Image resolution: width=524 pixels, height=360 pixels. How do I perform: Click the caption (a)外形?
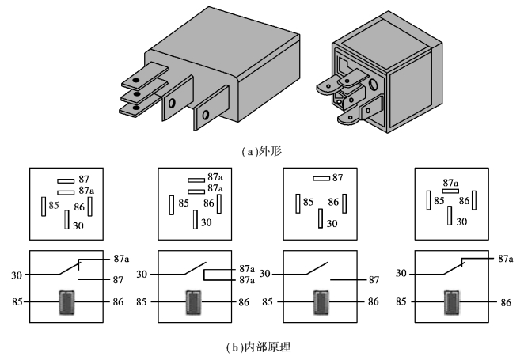click(x=262, y=152)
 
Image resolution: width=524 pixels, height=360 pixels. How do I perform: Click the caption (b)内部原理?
click(x=258, y=347)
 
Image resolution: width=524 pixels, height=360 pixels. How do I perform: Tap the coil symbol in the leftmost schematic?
click(x=66, y=302)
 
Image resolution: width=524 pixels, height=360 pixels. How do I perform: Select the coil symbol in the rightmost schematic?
click(x=451, y=302)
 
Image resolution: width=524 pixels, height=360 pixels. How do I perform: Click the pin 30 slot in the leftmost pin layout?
click(x=66, y=219)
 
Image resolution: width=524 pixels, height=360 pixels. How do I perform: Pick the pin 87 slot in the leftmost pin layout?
click(x=66, y=181)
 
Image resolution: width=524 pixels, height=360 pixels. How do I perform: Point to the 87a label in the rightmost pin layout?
click(x=450, y=183)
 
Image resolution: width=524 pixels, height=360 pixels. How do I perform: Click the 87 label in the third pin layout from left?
click(x=337, y=178)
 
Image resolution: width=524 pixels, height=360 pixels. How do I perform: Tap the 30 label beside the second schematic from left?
click(x=142, y=275)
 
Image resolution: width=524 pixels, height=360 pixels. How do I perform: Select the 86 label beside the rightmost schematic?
click(x=506, y=302)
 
